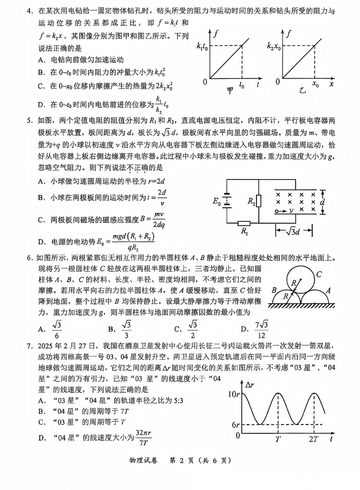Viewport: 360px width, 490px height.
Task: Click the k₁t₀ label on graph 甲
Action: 202,46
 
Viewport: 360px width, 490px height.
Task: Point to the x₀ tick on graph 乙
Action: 315,85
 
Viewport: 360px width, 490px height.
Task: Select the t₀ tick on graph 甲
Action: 242,85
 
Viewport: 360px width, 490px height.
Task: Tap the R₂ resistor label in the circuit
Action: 251,200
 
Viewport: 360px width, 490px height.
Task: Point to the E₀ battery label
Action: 217,201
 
